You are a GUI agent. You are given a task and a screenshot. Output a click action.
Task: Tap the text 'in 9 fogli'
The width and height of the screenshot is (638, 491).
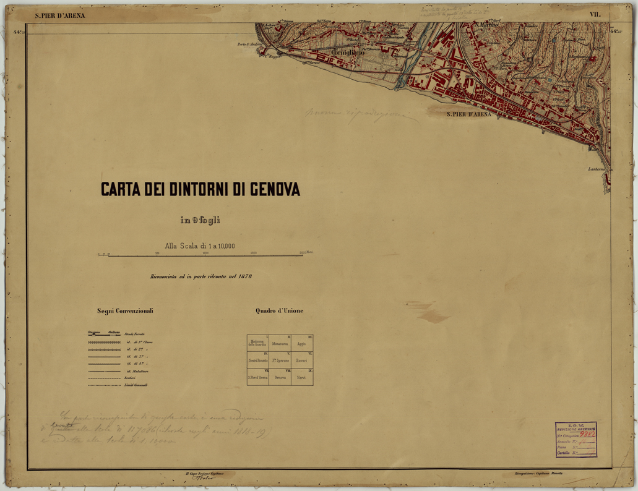[x=200, y=220]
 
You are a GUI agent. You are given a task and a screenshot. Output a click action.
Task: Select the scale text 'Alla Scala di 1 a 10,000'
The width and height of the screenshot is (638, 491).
[x=200, y=246]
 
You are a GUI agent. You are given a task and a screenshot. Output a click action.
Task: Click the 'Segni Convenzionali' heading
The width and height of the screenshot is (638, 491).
[x=125, y=310]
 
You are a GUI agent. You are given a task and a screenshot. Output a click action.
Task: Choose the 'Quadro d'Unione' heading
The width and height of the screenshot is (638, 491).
[x=280, y=310]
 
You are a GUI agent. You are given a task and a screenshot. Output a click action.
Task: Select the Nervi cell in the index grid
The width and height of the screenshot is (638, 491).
[x=301, y=377]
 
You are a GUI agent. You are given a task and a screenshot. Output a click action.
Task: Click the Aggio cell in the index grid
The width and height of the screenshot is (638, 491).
[x=301, y=344]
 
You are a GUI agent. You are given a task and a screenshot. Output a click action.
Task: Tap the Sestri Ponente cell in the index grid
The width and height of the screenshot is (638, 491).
[x=257, y=361]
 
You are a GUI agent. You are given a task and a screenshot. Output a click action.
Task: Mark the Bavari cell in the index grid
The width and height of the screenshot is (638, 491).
[x=301, y=361]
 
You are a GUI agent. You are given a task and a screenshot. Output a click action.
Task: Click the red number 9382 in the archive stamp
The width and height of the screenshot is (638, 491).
[x=586, y=434]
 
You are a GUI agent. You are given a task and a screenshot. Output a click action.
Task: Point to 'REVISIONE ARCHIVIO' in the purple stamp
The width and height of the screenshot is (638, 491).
[x=575, y=429]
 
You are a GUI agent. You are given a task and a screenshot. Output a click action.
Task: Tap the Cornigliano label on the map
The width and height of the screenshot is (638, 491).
[x=348, y=53]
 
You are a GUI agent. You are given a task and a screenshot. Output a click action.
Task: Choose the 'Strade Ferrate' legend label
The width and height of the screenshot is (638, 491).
[x=134, y=335]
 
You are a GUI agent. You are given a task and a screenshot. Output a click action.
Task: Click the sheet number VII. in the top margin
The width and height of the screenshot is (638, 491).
[x=595, y=14]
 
